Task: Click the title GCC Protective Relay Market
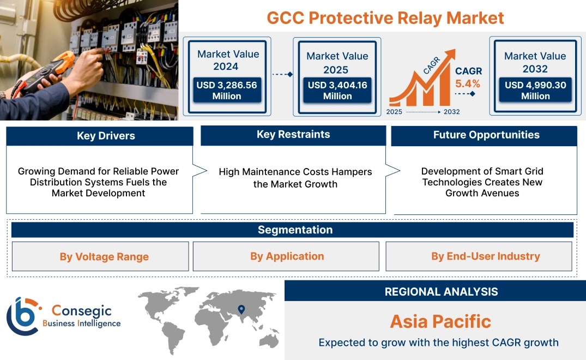(385, 17)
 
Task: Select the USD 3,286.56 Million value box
(226, 91)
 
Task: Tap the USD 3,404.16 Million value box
(337, 91)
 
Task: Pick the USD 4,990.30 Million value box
(535, 91)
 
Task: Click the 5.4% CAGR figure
(468, 83)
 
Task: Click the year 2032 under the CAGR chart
(451, 112)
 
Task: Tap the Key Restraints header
(293, 135)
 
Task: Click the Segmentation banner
(295, 230)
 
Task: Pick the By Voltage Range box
(104, 257)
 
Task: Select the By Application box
(287, 256)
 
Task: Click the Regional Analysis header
(441, 292)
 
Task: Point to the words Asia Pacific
(440, 321)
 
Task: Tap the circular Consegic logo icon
(22, 316)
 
